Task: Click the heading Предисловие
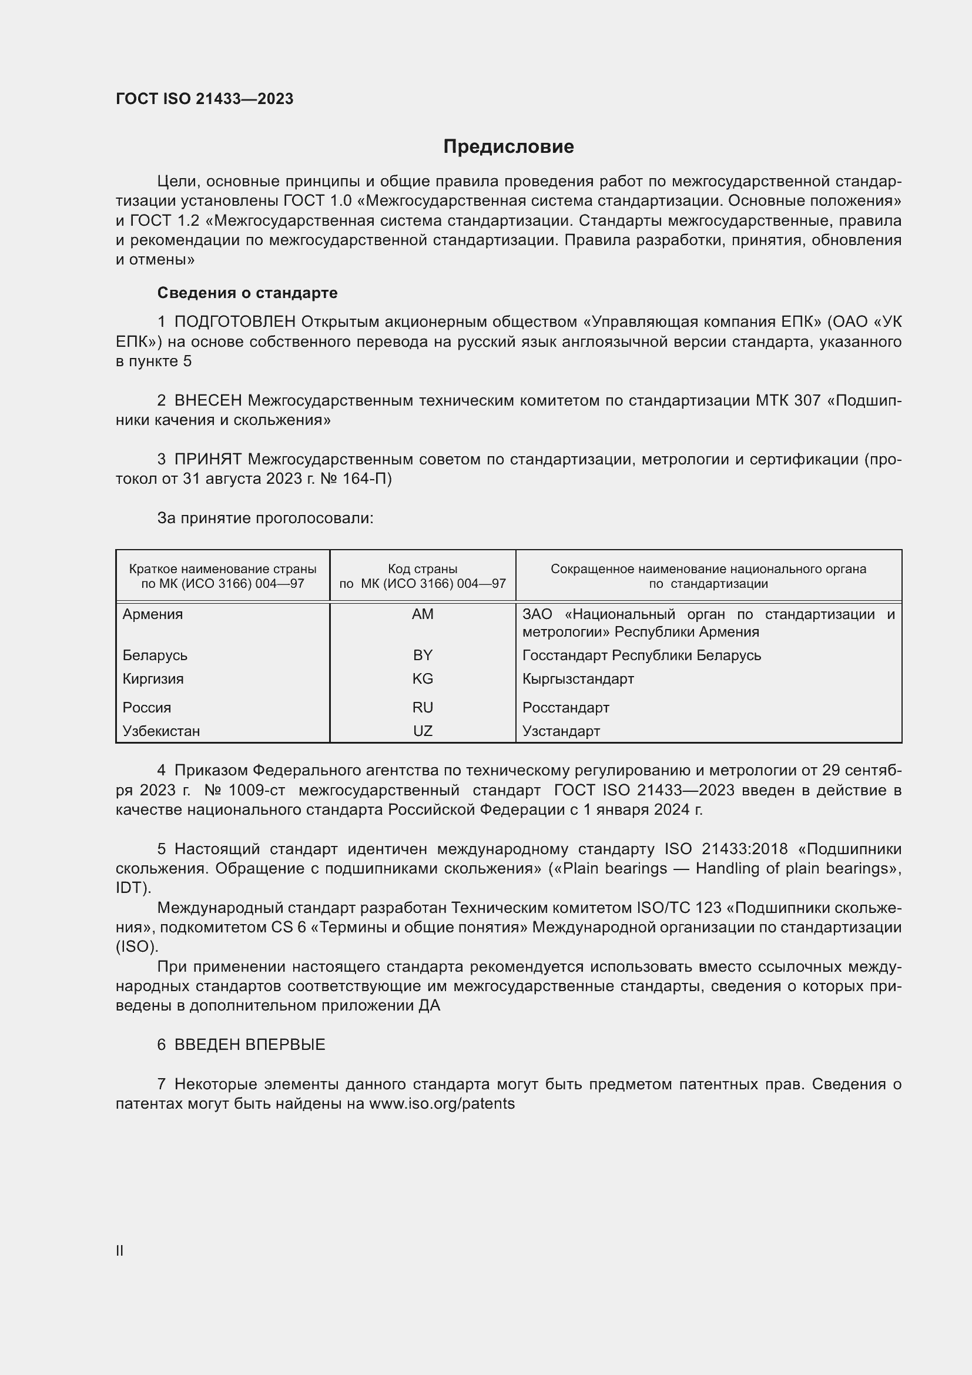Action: click(x=508, y=147)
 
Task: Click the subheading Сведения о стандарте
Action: click(x=247, y=293)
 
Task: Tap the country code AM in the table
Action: click(x=423, y=614)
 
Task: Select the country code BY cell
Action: click(x=423, y=655)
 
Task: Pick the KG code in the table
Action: click(x=423, y=678)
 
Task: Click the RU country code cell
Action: click(x=423, y=707)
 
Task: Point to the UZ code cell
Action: click(x=423, y=731)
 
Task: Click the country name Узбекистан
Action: click(x=161, y=731)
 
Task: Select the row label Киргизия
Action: click(x=153, y=678)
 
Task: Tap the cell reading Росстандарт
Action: click(x=565, y=707)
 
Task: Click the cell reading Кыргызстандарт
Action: click(x=578, y=678)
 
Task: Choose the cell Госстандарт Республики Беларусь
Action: click(x=642, y=655)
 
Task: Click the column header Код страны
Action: click(x=423, y=569)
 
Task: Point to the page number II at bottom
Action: click(x=120, y=1250)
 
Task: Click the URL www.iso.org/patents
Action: click(x=442, y=1104)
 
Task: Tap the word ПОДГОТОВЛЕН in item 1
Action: click(x=234, y=322)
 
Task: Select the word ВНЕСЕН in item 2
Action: click(x=208, y=401)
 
